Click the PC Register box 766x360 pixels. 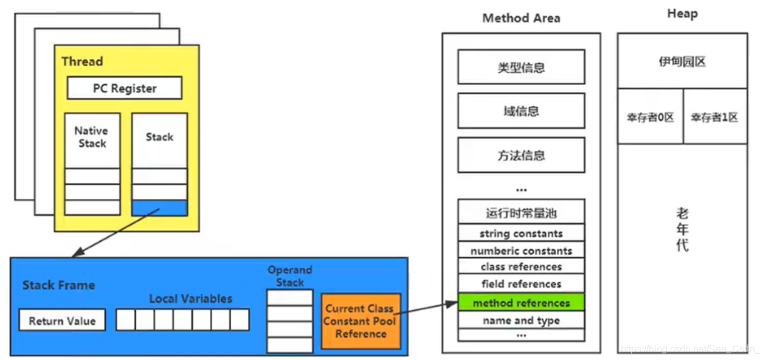pyautogui.click(x=124, y=88)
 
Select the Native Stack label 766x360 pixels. pyautogui.click(x=91, y=137)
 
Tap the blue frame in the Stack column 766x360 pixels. pyautogui.click(x=159, y=208)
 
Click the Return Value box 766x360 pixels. pyautogui.click(x=62, y=320)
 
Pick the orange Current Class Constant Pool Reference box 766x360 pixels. pyautogui.click(x=361, y=321)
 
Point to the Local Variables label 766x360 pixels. pyautogui.click(x=190, y=299)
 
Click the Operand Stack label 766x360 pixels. pyautogui.click(x=289, y=276)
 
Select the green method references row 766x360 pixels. pyautogui.click(x=521, y=303)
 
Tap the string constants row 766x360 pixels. pyautogui.click(x=521, y=234)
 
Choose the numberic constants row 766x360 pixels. pyautogui.click(x=521, y=251)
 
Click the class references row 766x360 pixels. pyautogui.click(x=521, y=267)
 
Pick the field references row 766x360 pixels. pyautogui.click(x=521, y=284)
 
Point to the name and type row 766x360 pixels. pyautogui.click(x=521, y=320)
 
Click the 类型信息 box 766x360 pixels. pyautogui.click(x=521, y=67)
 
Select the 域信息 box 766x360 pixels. pyautogui.click(x=521, y=111)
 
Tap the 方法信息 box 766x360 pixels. pyautogui.click(x=521, y=155)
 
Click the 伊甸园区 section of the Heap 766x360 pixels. pyautogui.click(x=682, y=61)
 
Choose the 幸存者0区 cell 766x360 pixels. pyautogui.click(x=650, y=117)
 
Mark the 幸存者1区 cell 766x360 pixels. pyautogui.click(x=714, y=117)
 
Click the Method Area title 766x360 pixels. pyautogui.click(x=521, y=18)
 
